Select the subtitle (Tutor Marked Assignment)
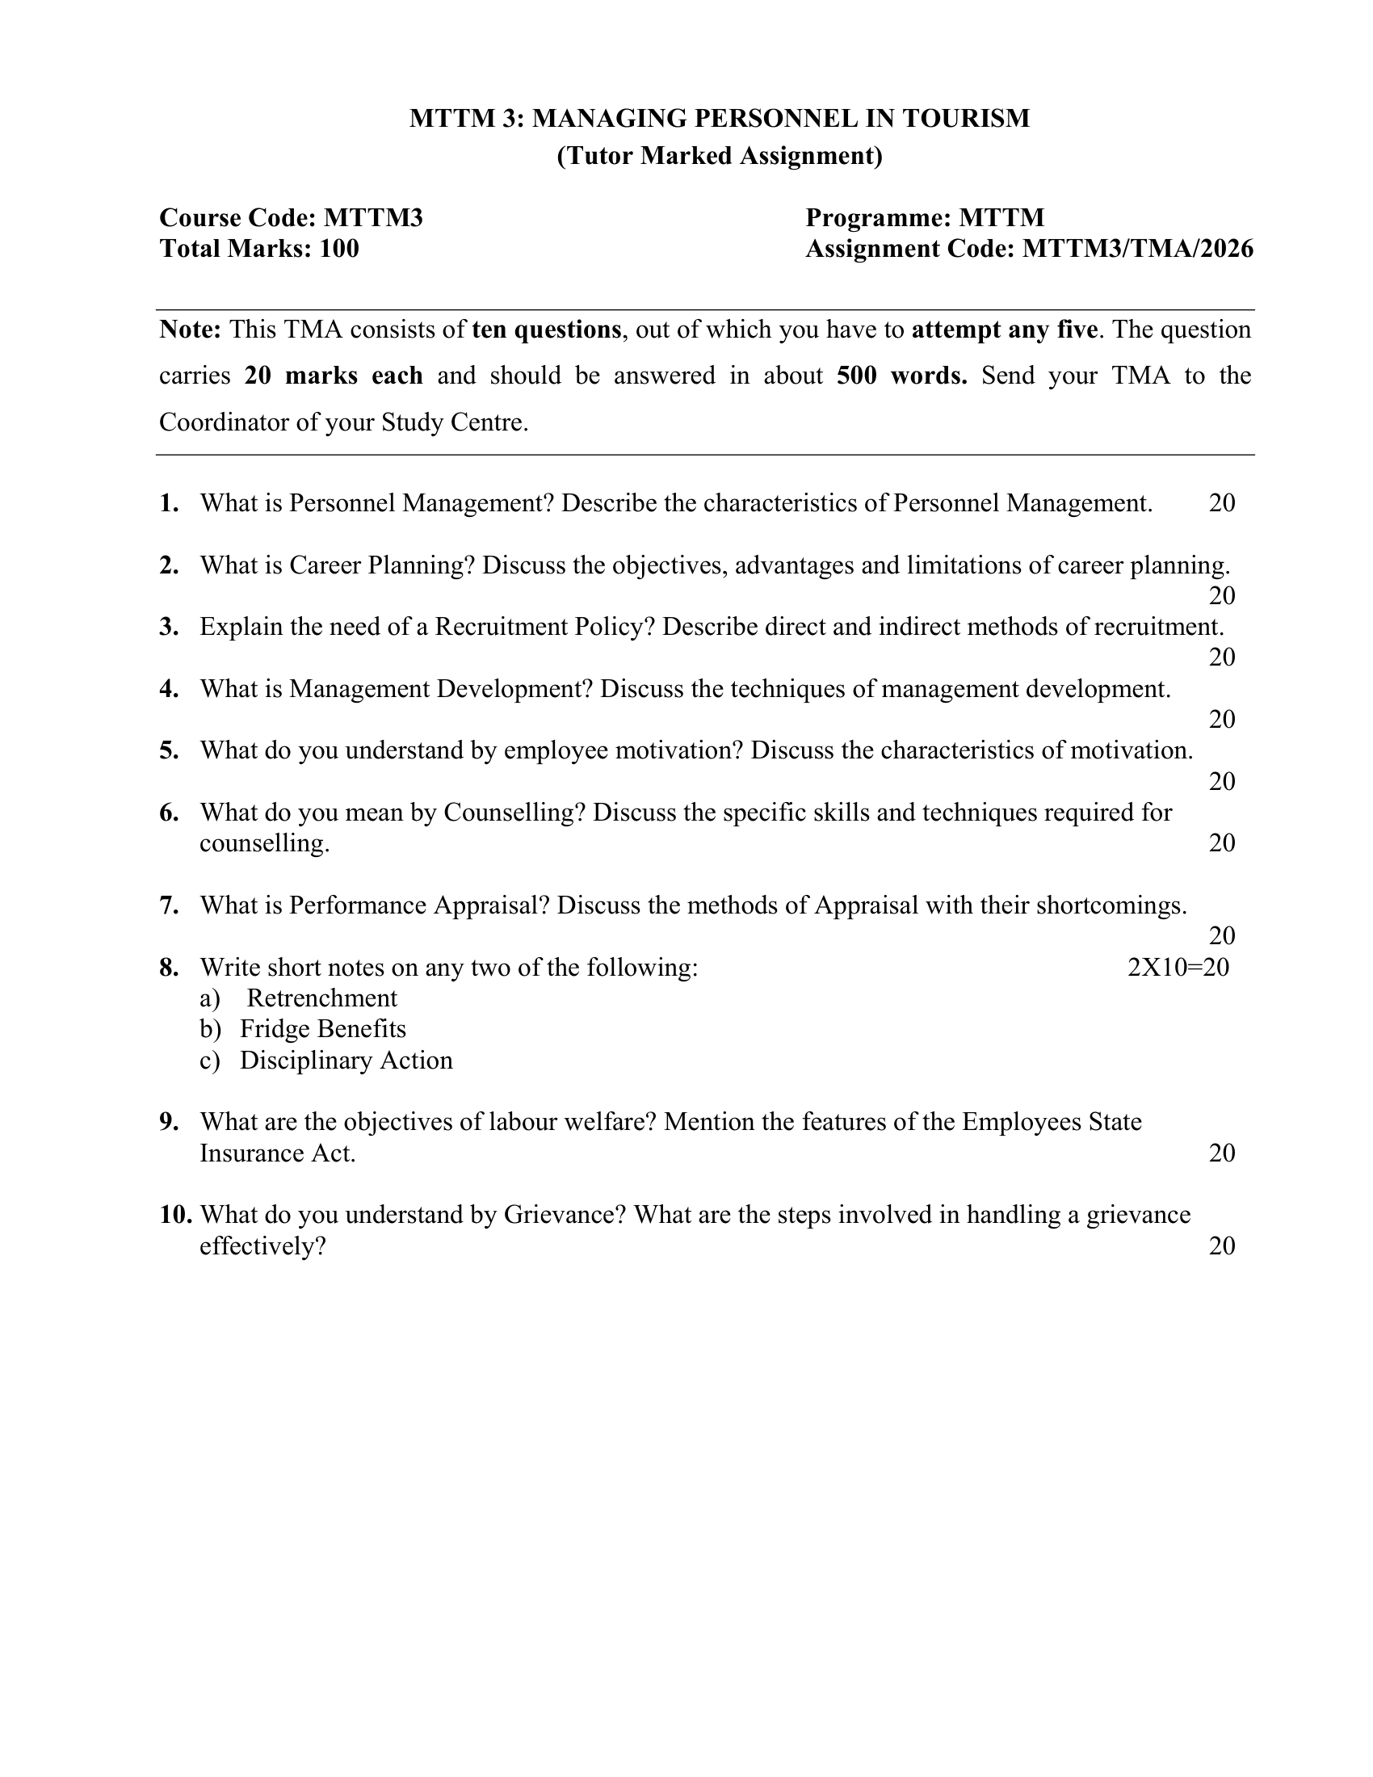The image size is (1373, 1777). (x=719, y=155)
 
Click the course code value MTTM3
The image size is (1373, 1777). (x=373, y=218)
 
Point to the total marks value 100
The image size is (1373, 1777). (x=339, y=249)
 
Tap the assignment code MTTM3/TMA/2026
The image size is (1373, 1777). (x=1137, y=249)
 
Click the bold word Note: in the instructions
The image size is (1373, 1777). (x=191, y=330)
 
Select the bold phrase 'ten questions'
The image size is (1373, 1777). (x=546, y=330)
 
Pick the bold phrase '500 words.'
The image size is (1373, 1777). (x=902, y=376)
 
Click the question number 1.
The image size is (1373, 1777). (x=169, y=504)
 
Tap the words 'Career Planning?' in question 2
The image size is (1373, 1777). (x=381, y=565)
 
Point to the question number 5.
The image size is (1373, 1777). (x=169, y=750)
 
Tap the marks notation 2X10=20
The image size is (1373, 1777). (x=1178, y=968)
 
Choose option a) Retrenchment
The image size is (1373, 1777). (x=321, y=998)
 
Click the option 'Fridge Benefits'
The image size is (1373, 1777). (x=322, y=1029)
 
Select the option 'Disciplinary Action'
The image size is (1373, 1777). (x=346, y=1061)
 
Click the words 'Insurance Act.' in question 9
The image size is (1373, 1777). (x=277, y=1153)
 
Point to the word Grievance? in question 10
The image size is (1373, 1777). (x=565, y=1215)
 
